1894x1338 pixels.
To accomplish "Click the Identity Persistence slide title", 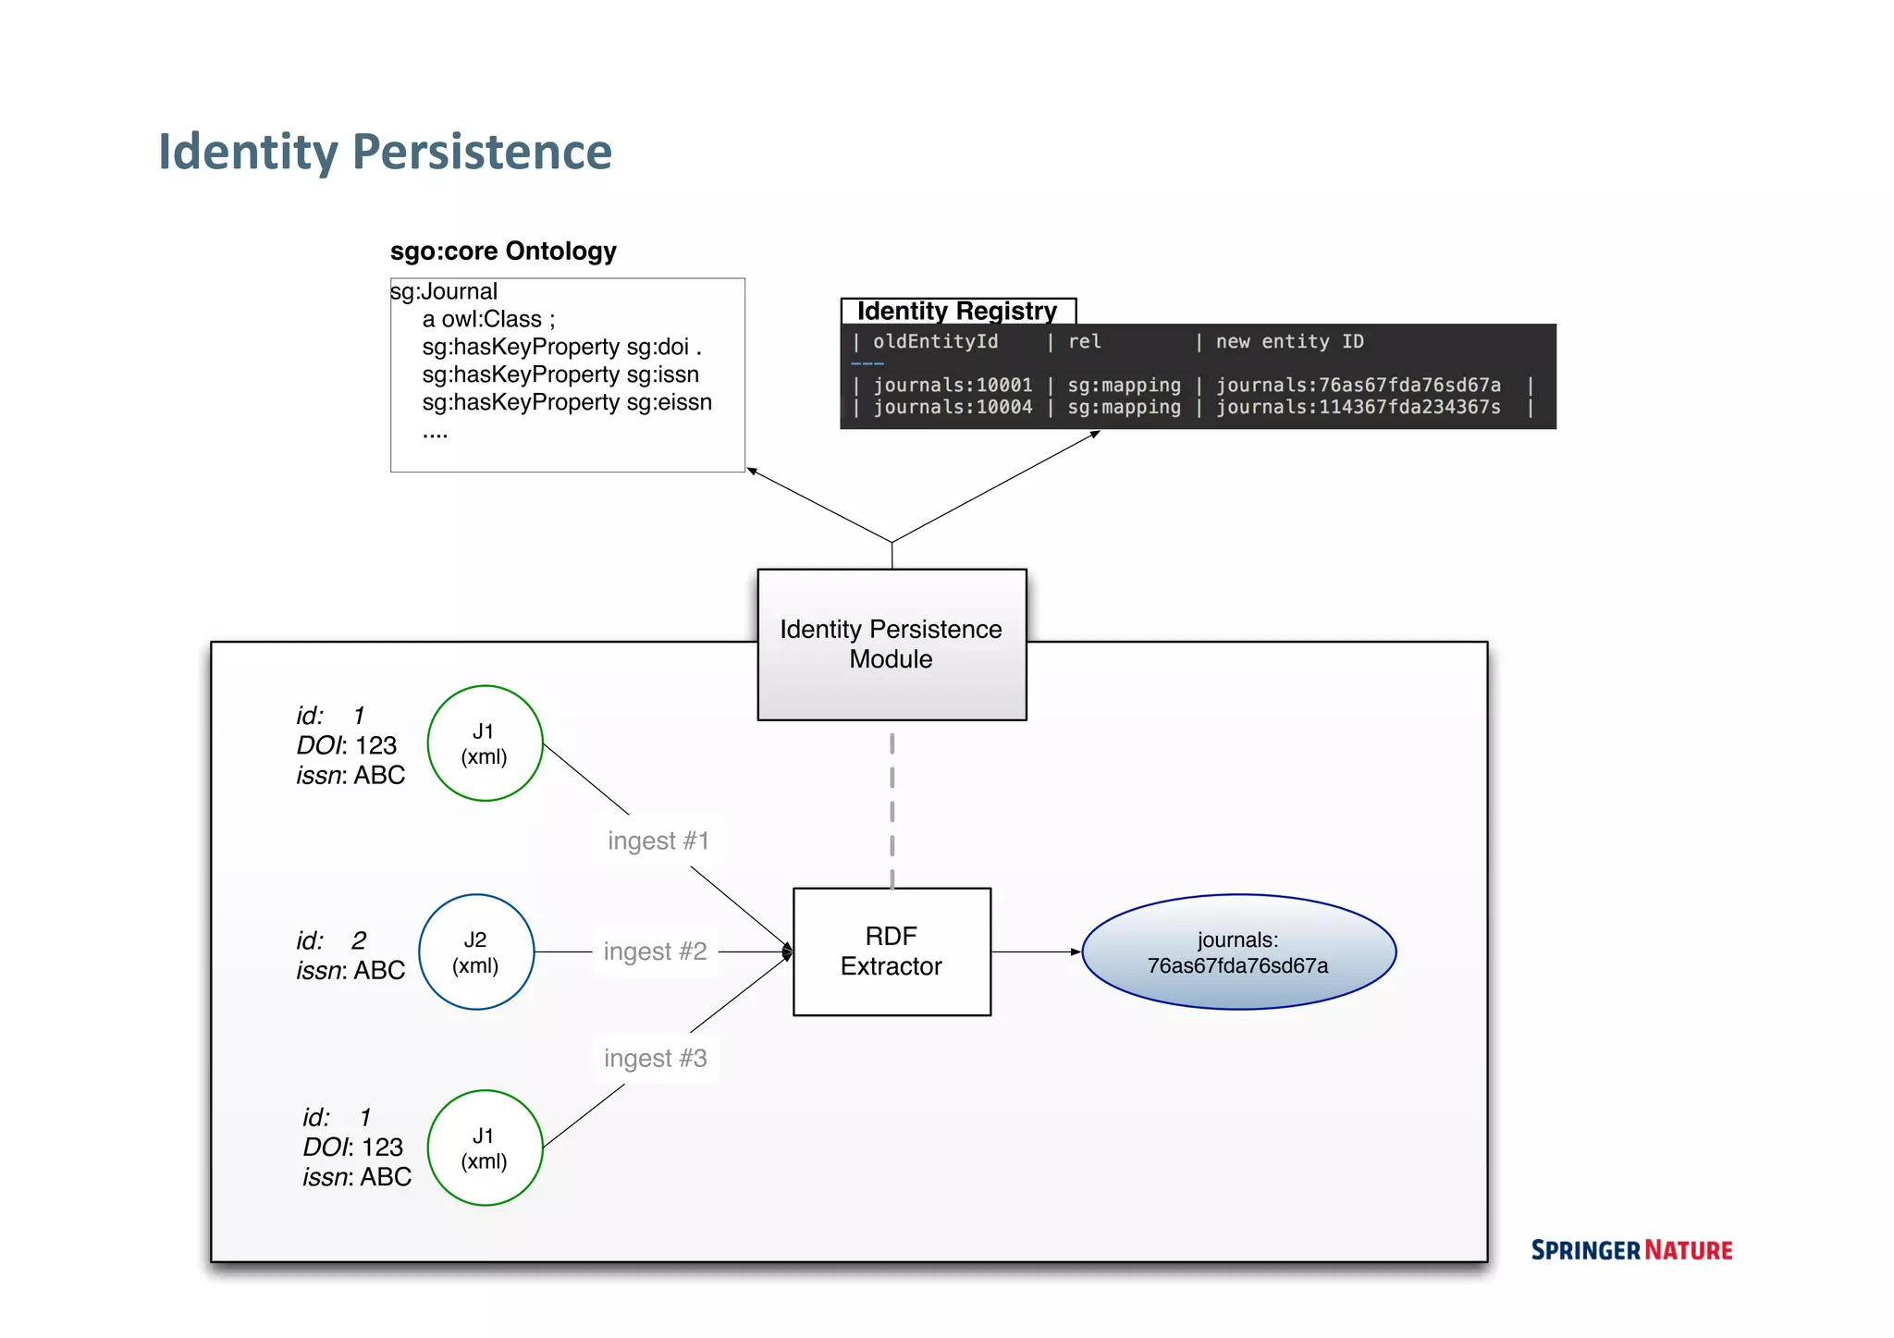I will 385,152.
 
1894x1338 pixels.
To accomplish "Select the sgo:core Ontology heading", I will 503,252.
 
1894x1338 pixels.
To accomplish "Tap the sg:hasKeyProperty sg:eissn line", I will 566,402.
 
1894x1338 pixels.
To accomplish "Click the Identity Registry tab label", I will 957,311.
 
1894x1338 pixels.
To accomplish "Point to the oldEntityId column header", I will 935,342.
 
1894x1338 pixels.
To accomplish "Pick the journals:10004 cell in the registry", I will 953,408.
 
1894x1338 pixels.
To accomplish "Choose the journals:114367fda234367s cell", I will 1358,408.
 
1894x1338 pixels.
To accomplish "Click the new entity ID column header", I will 1289,342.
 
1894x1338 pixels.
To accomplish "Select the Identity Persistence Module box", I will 892,644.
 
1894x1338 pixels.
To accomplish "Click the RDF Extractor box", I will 892,951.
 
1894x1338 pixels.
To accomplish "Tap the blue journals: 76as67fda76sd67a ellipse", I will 1238,952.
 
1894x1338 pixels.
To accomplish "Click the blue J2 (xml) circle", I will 476,952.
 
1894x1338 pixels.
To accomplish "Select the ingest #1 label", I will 658,841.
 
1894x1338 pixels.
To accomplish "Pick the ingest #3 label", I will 655,1058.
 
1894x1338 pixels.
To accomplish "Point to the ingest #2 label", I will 655,951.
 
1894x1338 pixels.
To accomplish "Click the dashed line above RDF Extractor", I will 892,809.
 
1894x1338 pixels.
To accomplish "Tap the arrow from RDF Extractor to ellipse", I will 1034,951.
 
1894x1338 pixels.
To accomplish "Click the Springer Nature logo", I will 1631,1250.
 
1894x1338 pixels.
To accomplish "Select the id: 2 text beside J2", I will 331,940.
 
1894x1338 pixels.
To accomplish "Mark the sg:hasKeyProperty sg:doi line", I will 560,347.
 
